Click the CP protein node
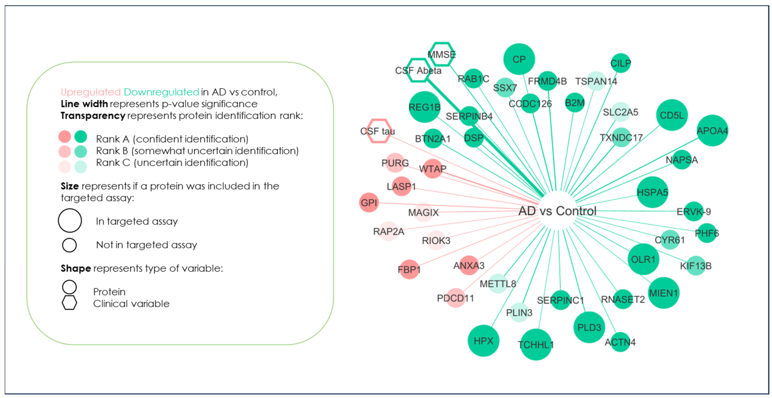pyautogui.click(x=519, y=59)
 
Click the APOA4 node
pyautogui.click(x=712, y=130)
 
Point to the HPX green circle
pyautogui.click(x=483, y=341)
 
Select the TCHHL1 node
pyautogui.click(x=536, y=345)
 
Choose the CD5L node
pyautogui.click(x=672, y=115)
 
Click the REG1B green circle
pyautogui.click(x=425, y=107)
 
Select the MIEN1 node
pyautogui.click(x=663, y=293)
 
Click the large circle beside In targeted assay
pyautogui.click(x=70, y=221)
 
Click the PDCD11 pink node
pyautogui.click(x=456, y=298)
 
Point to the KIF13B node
pyautogui.click(x=696, y=266)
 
